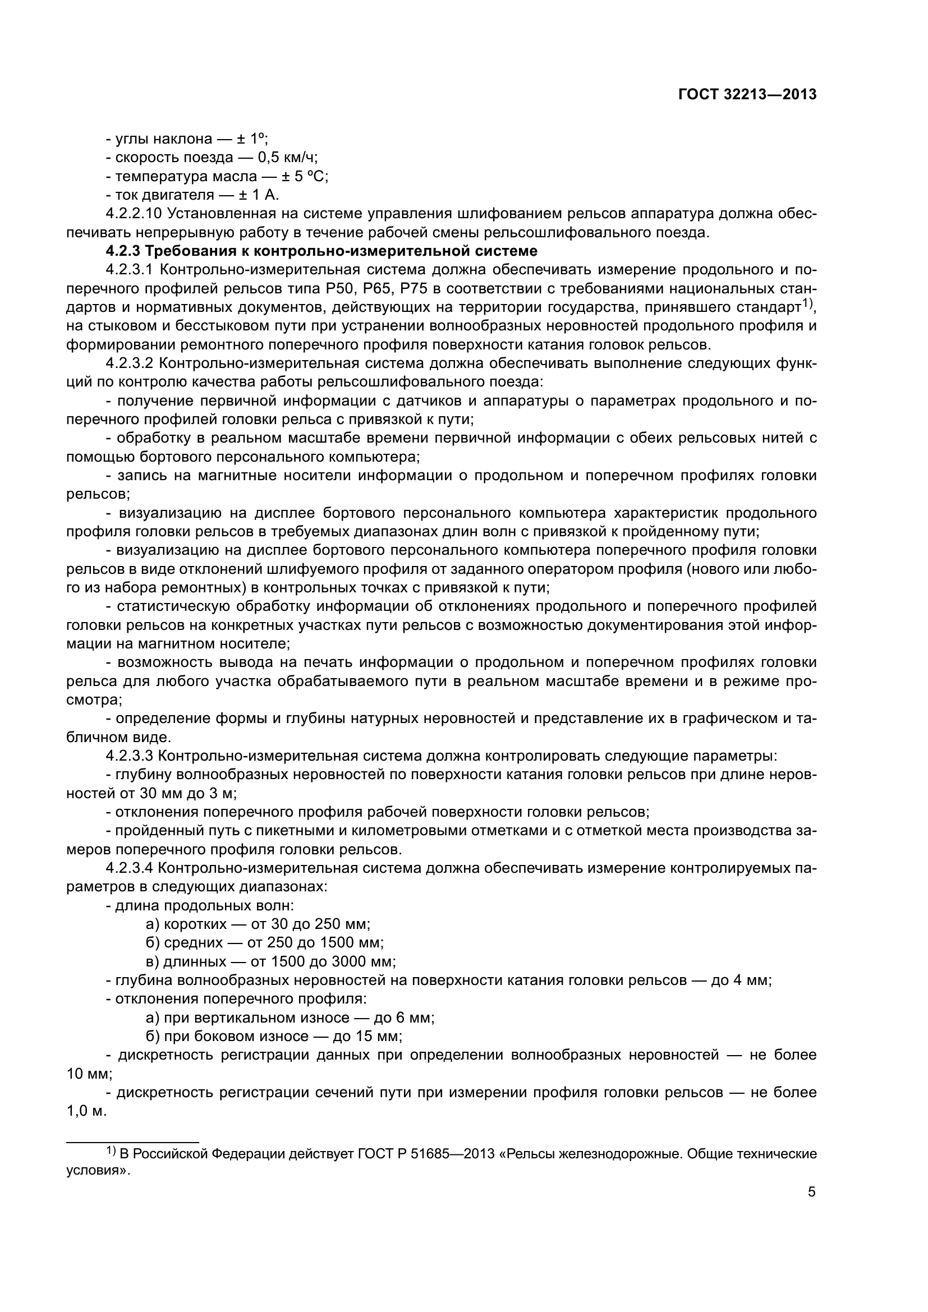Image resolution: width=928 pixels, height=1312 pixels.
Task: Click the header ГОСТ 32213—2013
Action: (x=747, y=95)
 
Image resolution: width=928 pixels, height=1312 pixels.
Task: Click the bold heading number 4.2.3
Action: (x=123, y=251)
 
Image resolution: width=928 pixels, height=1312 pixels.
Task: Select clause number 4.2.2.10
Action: (x=134, y=214)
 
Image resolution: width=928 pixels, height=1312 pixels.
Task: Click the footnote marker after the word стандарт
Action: (x=808, y=303)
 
